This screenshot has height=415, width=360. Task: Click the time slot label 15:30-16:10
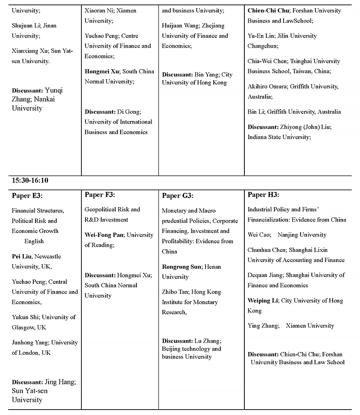pyautogui.click(x=30, y=180)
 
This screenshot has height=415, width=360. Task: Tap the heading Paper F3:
pyautogui.click(x=100, y=195)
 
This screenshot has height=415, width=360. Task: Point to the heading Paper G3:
pyautogui.click(x=177, y=196)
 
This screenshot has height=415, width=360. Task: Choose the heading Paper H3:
pyautogui.click(x=263, y=195)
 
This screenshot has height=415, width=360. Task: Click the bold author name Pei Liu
pyautogui.click(x=21, y=256)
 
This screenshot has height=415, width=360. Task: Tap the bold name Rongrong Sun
pyautogui.click(x=181, y=267)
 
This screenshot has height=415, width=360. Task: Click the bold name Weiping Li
pyautogui.click(x=262, y=300)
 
